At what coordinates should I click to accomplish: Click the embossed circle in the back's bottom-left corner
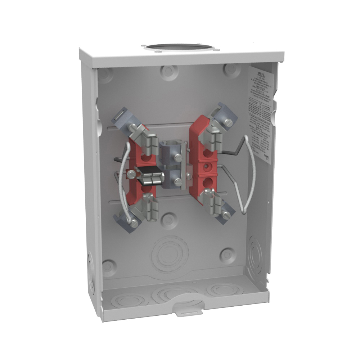tap(108, 267)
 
